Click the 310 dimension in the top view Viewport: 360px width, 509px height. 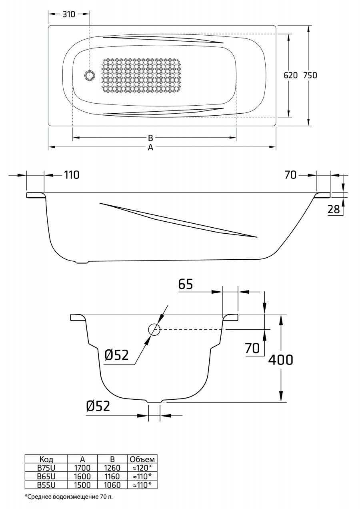[69, 14]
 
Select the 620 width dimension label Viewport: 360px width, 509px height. [290, 75]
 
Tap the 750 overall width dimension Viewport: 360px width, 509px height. [310, 75]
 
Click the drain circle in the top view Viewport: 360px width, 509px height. [90, 75]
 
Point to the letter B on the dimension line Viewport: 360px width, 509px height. [150, 138]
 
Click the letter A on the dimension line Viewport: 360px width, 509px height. [150, 148]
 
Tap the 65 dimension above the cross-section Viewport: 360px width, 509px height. [186, 284]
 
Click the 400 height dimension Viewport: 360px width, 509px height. [280, 360]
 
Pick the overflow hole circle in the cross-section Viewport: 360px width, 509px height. [154, 330]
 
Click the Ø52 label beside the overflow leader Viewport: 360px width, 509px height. [117, 355]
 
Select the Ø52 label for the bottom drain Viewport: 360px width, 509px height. [98, 406]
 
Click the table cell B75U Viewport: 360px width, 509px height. [46, 467]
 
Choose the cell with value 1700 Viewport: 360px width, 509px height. [82, 467]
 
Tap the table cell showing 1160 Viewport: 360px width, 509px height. [112, 476]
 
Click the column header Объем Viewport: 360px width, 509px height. [142, 459]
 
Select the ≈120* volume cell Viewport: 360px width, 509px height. [142, 467]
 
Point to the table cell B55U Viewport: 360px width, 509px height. [46, 485]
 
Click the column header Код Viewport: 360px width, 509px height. [46, 459]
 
